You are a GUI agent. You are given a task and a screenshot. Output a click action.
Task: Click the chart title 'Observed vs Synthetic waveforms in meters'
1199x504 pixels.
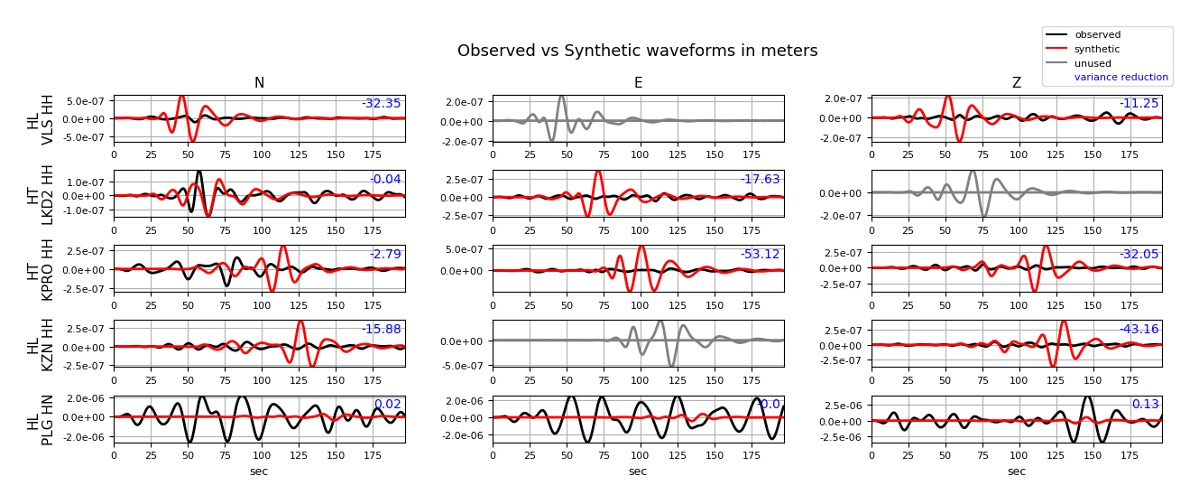click(637, 51)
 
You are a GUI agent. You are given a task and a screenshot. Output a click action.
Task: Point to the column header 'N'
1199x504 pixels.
click(259, 83)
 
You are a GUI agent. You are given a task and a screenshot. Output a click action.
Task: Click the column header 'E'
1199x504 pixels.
click(638, 83)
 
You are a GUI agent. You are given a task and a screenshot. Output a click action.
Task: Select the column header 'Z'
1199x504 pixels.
click(1017, 83)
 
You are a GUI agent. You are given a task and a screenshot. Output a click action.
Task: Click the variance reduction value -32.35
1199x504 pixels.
click(381, 104)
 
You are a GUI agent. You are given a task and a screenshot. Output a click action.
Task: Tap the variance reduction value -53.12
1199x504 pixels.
click(760, 255)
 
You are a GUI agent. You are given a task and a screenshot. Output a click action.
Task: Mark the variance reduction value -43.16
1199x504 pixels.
click(1139, 330)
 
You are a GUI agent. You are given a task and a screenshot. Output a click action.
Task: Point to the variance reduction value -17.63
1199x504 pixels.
click(760, 180)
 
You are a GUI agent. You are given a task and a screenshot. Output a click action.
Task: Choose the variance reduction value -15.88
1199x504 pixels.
click(381, 330)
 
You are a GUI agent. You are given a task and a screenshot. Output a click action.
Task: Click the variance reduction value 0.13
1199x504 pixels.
click(1145, 405)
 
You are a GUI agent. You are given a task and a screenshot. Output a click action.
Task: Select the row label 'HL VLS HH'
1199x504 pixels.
click(41, 118)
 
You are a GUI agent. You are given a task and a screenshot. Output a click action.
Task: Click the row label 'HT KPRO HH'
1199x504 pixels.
click(41, 269)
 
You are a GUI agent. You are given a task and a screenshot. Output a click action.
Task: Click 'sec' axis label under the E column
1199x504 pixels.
click(638, 471)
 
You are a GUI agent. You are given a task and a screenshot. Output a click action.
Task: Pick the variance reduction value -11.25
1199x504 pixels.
click(1139, 104)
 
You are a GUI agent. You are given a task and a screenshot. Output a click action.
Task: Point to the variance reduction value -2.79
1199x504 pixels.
click(385, 255)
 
